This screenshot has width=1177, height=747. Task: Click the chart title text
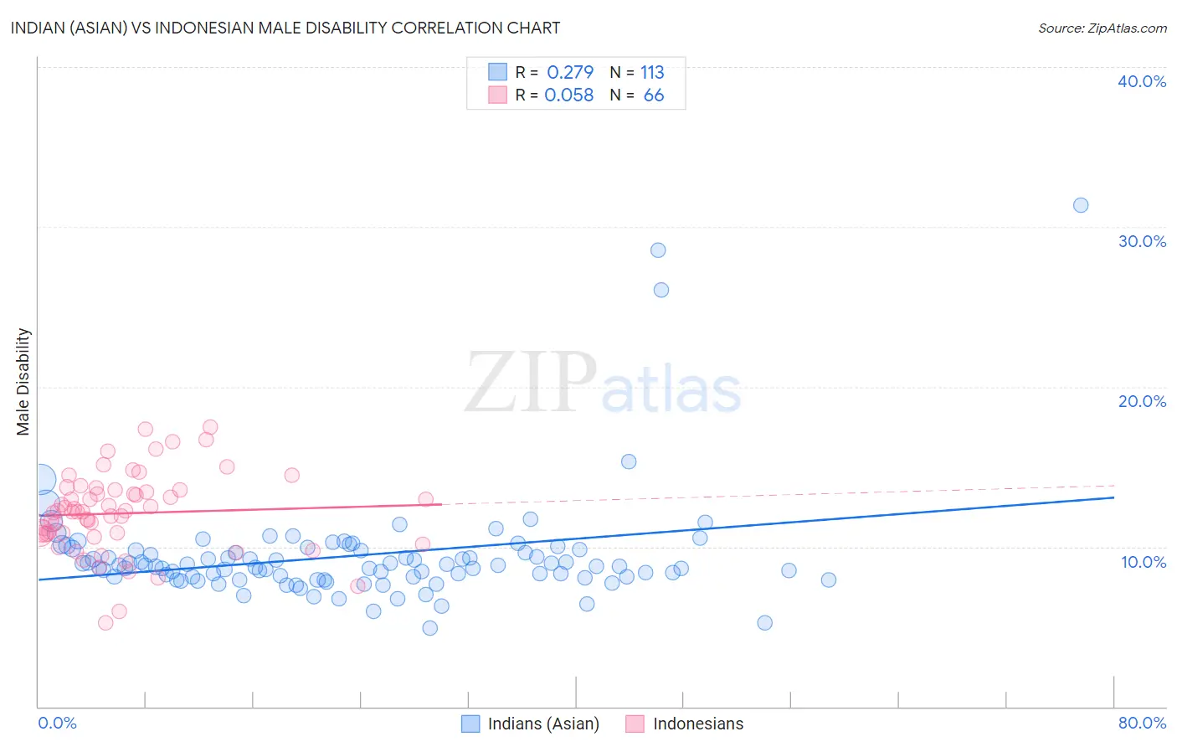285,28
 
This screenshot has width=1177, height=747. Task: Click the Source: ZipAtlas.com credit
1102,28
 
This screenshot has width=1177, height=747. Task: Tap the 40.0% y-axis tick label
1142,81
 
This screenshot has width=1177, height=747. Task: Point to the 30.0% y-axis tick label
1142,241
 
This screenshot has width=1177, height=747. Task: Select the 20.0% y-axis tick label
1142,401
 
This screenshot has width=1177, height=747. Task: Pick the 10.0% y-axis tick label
1144,562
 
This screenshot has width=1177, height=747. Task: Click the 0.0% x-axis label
57,723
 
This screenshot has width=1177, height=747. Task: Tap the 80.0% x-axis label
1142,723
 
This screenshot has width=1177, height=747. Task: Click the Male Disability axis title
23,381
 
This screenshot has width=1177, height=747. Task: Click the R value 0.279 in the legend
570,73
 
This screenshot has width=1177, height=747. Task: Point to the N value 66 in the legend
654,95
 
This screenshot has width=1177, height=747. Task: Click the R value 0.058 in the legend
569,95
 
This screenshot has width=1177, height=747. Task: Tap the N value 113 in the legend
652,73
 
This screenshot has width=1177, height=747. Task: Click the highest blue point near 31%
1081,205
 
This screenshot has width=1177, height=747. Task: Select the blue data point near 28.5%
658,250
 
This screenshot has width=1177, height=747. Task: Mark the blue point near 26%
661,290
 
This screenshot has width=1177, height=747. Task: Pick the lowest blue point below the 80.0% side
764,622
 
